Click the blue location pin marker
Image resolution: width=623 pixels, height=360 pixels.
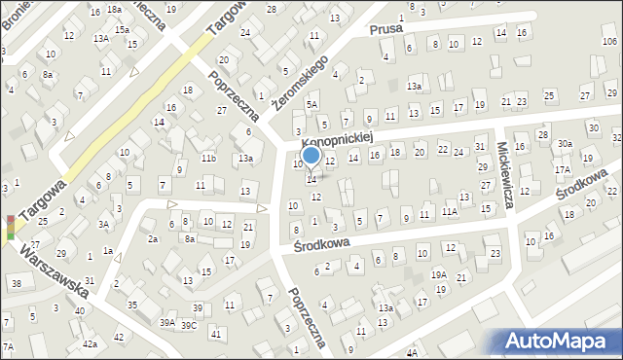(x=311, y=156)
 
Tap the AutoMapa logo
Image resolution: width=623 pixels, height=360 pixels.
(x=560, y=341)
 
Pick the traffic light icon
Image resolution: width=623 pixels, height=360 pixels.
(x=10, y=227)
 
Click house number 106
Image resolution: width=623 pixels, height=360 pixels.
(x=609, y=41)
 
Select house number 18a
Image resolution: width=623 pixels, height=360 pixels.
(x=114, y=9)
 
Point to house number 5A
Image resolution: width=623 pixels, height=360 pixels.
(x=312, y=104)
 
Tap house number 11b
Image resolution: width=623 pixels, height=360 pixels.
(x=208, y=158)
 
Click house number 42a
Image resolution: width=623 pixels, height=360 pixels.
(x=90, y=344)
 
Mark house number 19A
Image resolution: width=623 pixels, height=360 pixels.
(x=440, y=275)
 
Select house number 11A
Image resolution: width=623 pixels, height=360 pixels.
(x=449, y=211)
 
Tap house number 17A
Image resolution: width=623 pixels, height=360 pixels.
(x=563, y=169)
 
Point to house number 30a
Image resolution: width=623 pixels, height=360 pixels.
(x=565, y=144)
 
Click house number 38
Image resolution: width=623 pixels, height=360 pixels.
(x=17, y=284)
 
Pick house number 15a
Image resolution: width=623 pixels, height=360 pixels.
(x=122, y=30)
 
